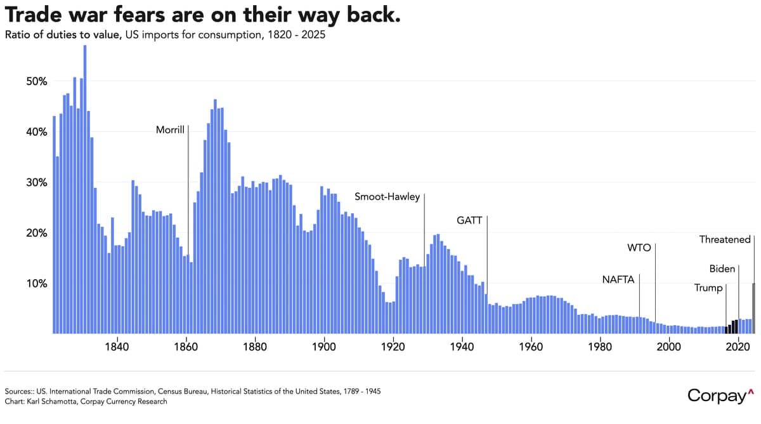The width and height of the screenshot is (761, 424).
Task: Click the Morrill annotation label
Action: [x=170, y=130]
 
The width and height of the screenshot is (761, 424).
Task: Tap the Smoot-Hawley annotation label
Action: [x=387, y=197]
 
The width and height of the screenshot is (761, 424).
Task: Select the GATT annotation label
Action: [x=469, y=220]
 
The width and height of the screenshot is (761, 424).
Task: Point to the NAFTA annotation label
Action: [x=618, y=279]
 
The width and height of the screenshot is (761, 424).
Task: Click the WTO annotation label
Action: [x=639, y=248]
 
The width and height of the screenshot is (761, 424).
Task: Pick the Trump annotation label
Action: [x=708, y=288]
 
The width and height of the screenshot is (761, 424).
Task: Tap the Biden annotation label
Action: [x=722, y=268]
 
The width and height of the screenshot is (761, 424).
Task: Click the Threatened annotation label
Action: [x=725, y=240]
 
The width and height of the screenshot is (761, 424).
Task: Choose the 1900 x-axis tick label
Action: [x=324, y=347]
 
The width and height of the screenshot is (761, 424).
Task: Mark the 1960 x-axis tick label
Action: [x=531, y=347]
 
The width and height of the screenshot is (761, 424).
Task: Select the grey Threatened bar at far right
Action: [x=753, y=308]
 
